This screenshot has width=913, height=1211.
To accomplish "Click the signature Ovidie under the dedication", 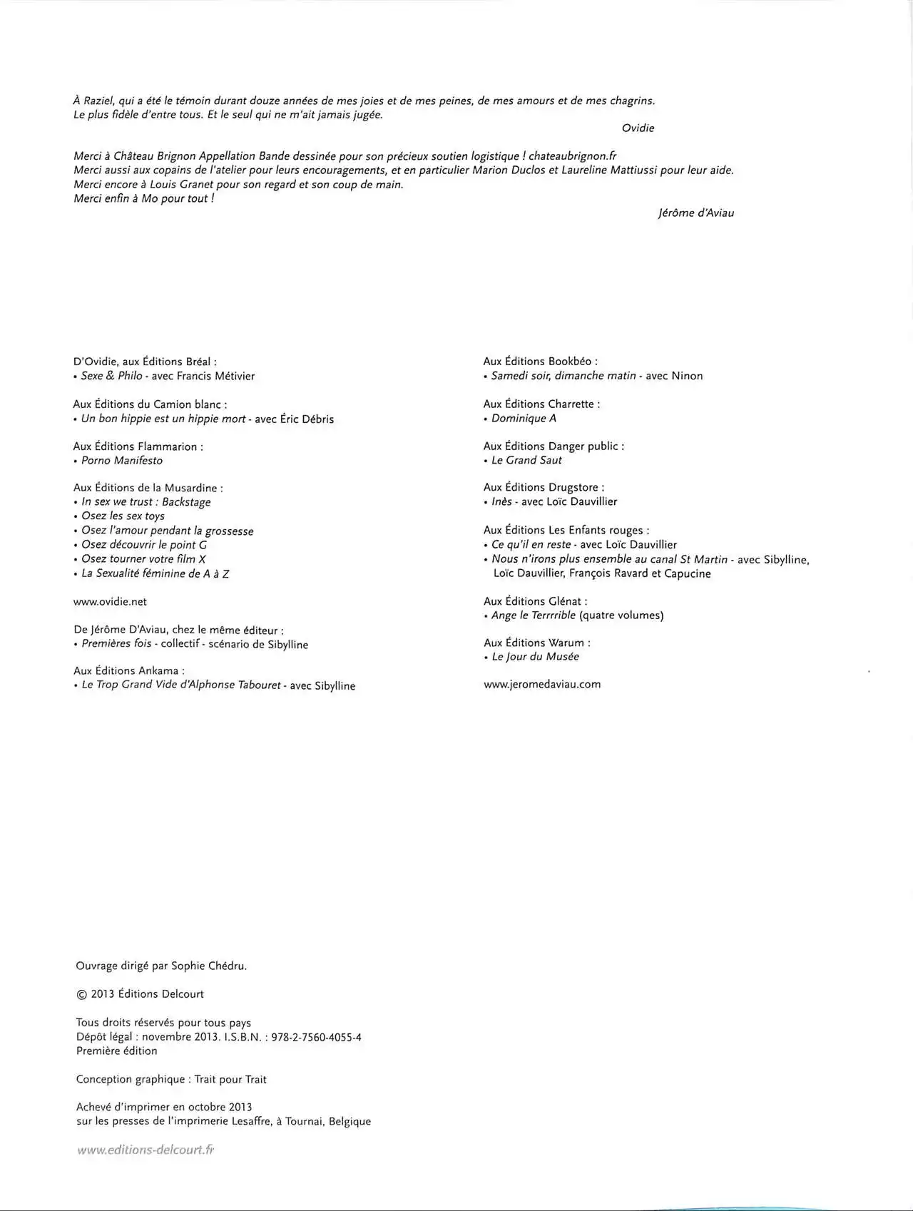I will [x=638, y=128].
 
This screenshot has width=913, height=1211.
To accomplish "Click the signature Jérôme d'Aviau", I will [x=695, y=213].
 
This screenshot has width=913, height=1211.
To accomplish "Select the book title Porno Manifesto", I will [x=122, y=461].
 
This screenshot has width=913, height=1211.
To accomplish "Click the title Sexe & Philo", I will [x=112, y=376].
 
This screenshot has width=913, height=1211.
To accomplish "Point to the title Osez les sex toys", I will [x=123, y=516].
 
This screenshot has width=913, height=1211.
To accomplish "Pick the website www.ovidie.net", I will [x=110, y=602].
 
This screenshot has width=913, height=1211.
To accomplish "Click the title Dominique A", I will [x=524, y=419].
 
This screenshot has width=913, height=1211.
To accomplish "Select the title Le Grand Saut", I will [x=526, y=461].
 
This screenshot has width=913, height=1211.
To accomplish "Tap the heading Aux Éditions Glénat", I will [x=535, y=601].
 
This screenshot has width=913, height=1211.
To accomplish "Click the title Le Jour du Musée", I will [x=535, y=657].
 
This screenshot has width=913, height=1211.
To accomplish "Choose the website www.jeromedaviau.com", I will [x=542, y=685].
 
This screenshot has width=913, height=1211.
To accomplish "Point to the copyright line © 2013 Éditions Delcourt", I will [x=140, y=994].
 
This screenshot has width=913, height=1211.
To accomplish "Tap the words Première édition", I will [x=117, y=1051].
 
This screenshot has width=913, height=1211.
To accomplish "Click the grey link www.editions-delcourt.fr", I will [x=146, y=1150].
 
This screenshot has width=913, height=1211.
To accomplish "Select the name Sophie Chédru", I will [x=208, y=966].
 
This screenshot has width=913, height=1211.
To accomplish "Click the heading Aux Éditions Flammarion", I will [x=138, y=446].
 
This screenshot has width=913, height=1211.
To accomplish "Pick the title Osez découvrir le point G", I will [x=144, y=545].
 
